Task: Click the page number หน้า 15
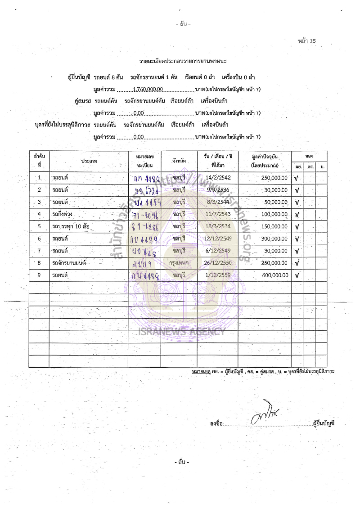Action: click(307, 41)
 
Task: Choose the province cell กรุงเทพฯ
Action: click(179, 263)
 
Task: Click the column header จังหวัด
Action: click(179, 160)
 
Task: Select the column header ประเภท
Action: click(89, 161)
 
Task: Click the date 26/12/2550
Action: click(218, 263)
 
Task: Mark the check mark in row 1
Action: click(297, 178)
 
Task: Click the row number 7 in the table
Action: click(39, 250)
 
